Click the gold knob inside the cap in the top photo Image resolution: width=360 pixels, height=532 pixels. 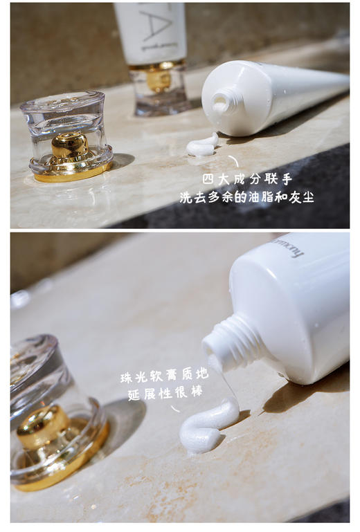coord(69,145)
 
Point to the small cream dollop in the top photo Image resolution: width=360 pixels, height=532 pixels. coord(201,146)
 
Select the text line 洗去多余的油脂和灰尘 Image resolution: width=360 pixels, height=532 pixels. coord(246,197)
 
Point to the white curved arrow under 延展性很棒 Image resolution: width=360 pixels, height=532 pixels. coord(174,408)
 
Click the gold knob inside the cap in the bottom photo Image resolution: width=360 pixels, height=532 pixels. coord(43,423)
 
